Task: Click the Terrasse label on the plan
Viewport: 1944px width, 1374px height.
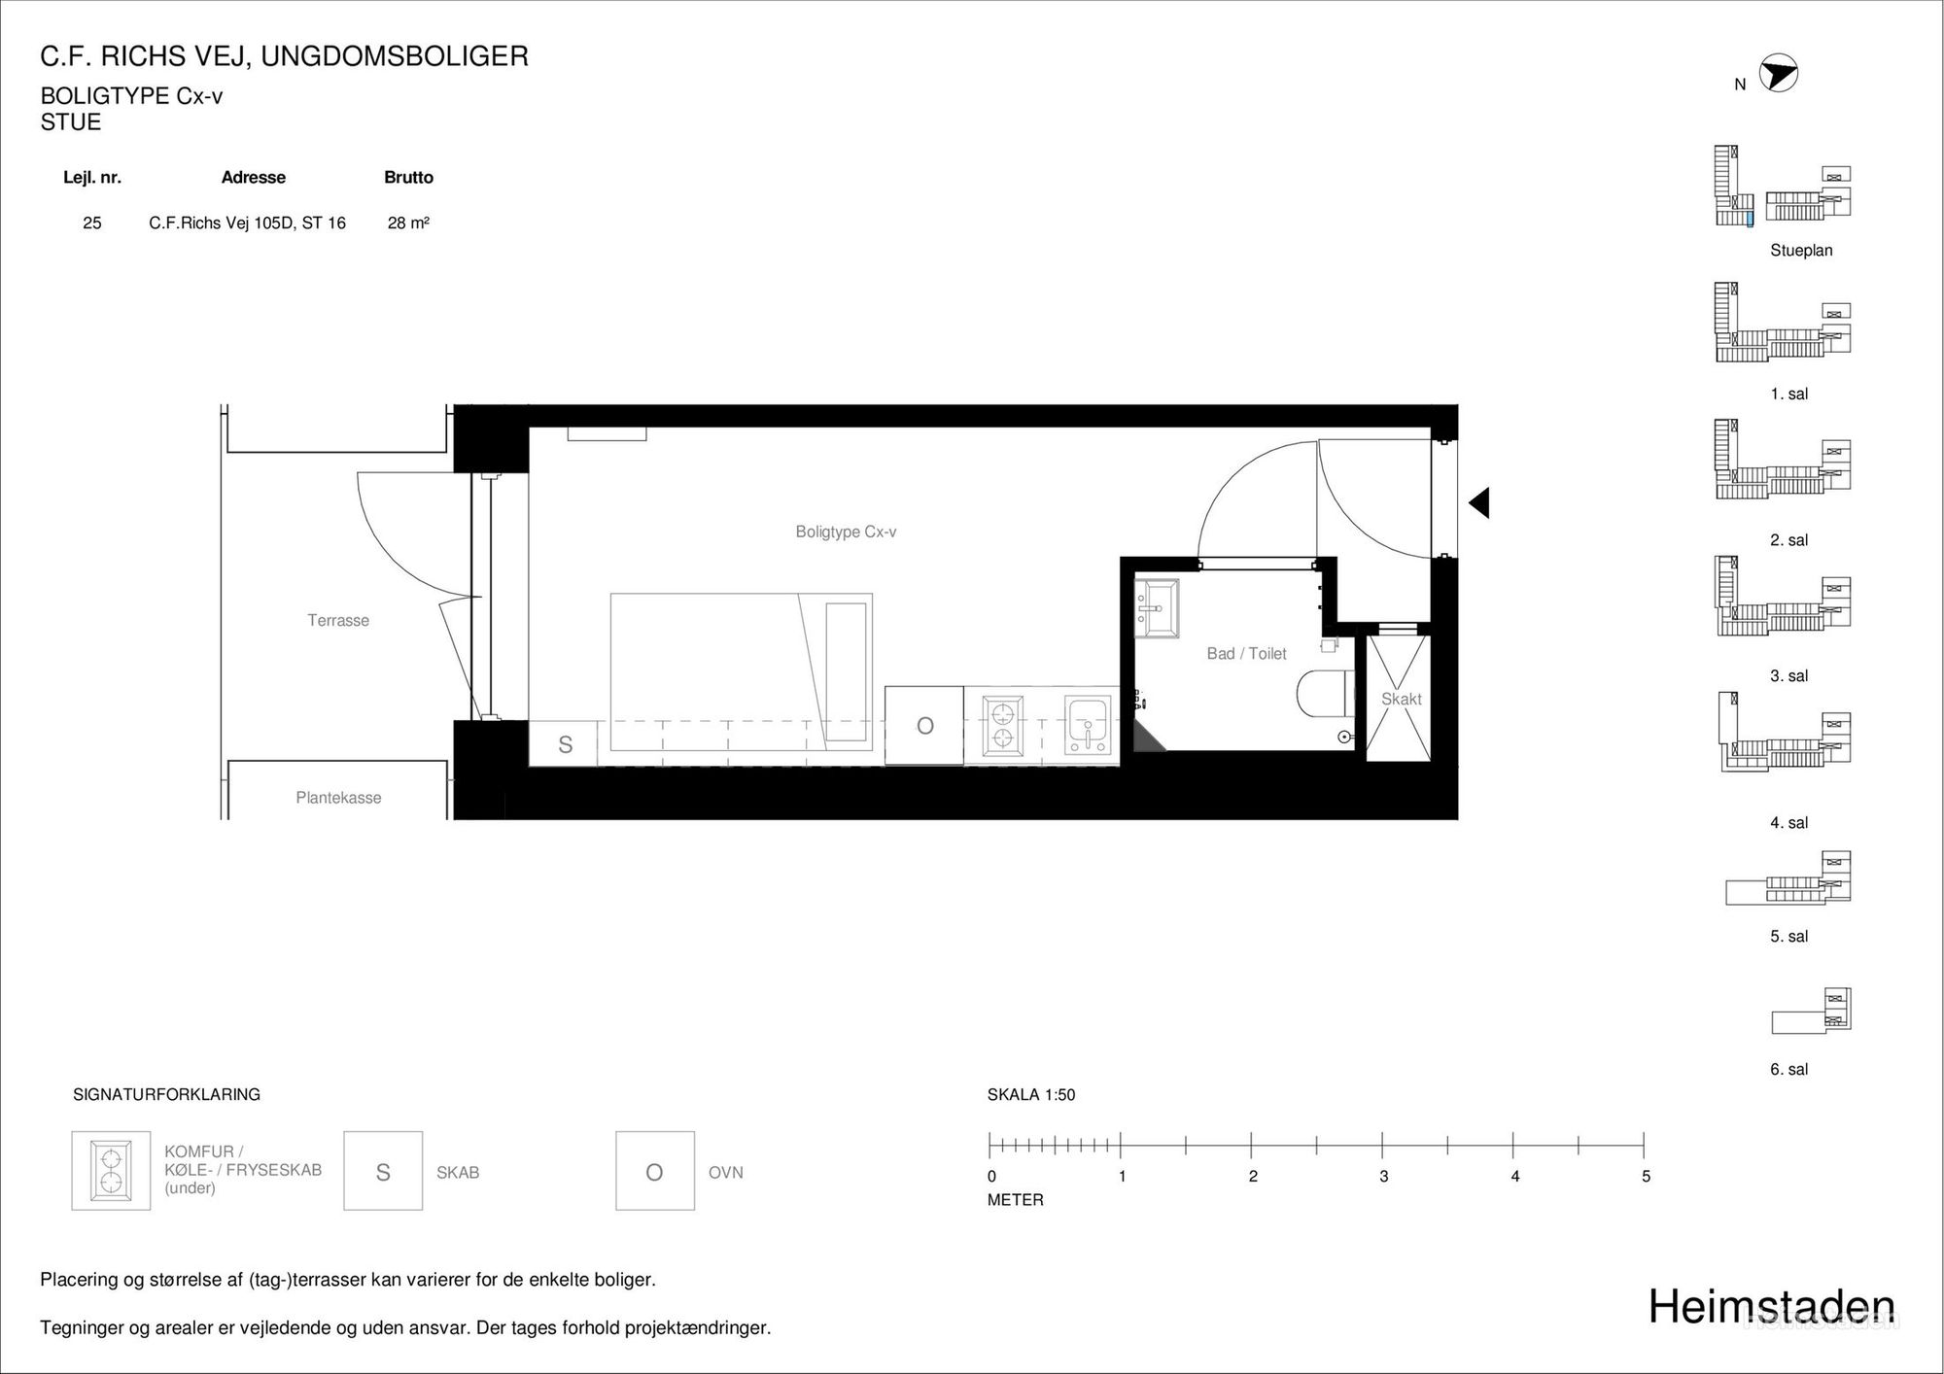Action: point(338,620)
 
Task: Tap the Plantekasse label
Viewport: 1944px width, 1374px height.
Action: point(338,798)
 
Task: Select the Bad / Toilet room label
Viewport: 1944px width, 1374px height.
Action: point(1246,654)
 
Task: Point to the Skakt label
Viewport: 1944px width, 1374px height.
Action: point(1401,699)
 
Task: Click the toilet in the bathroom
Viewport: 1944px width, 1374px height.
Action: point(1325,694)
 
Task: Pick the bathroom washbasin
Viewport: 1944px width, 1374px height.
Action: point(1157,608)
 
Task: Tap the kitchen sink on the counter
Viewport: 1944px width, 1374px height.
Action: point(1088,725)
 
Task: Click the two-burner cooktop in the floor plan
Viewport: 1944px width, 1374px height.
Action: point(1003,725)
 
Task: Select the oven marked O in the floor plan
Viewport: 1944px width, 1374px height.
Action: point(924,726)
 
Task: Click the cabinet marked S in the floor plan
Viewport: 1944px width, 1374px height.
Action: point(564,744)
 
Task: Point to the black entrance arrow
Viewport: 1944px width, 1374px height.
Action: point(1478,503)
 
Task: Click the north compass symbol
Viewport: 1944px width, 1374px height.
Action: point(1779,73)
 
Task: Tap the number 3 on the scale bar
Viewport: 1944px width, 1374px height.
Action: point(1383,1176)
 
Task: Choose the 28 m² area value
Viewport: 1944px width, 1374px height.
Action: point(408,223)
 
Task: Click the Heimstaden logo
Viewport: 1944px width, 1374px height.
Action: point(1771,1307)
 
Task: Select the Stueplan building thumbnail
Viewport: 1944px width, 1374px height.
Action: point(1783,186)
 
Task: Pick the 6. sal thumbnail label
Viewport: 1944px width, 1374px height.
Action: point(1788,1069)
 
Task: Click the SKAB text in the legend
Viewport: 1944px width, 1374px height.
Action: point(458,1173)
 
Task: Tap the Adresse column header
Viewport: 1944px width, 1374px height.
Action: point(254,177)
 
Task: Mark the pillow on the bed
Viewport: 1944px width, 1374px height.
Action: point(846,671)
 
